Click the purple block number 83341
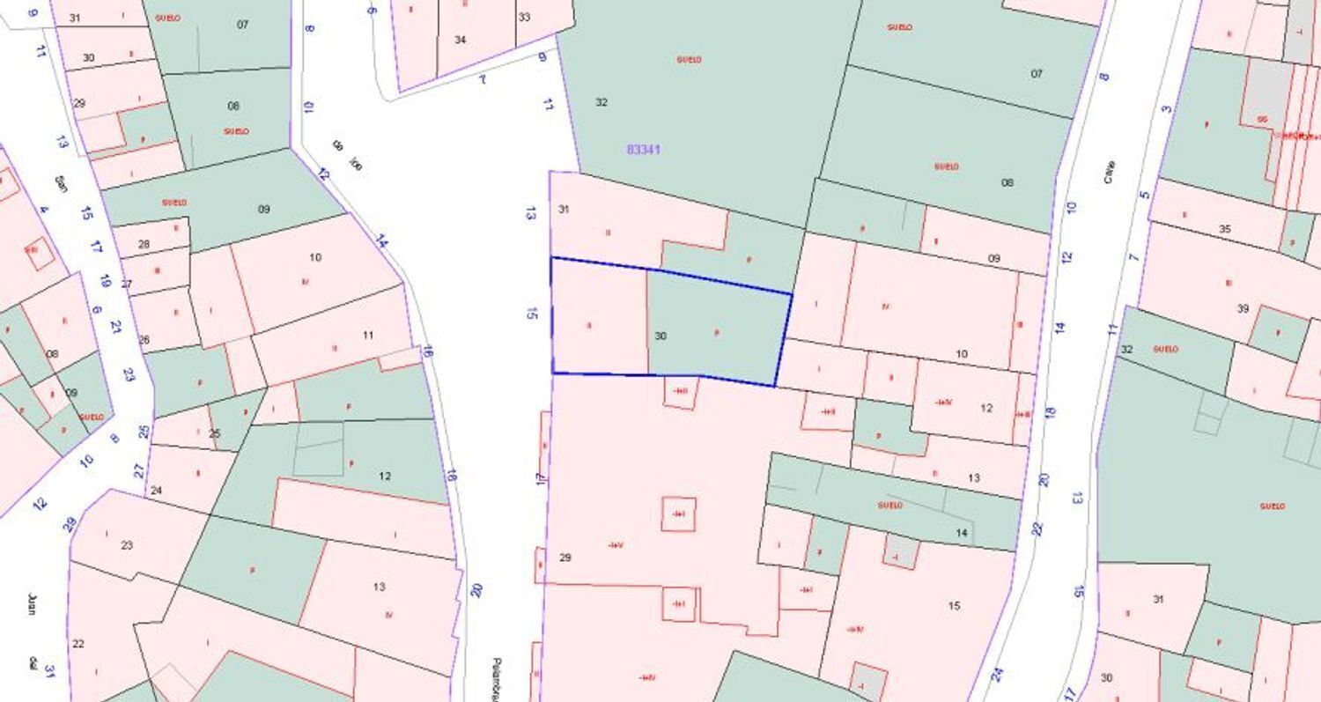point(643,150)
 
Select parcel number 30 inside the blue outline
point(660,336)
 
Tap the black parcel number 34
point(460,40)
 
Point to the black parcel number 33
point(524,17)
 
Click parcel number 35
point(1224,229)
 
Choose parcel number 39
point(1243,308)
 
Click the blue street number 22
point(1037,528)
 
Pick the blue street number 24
point(997,675)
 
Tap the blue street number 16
point(428,351)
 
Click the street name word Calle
point(1109,171)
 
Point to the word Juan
point(32,604)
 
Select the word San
point(61,183)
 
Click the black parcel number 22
point(77,644)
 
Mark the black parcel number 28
point(144,244)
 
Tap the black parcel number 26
point(144,339)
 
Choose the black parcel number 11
point(368,335)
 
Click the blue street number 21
point(115,326)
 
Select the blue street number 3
point(1167,109)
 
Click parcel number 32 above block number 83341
point(601,102)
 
